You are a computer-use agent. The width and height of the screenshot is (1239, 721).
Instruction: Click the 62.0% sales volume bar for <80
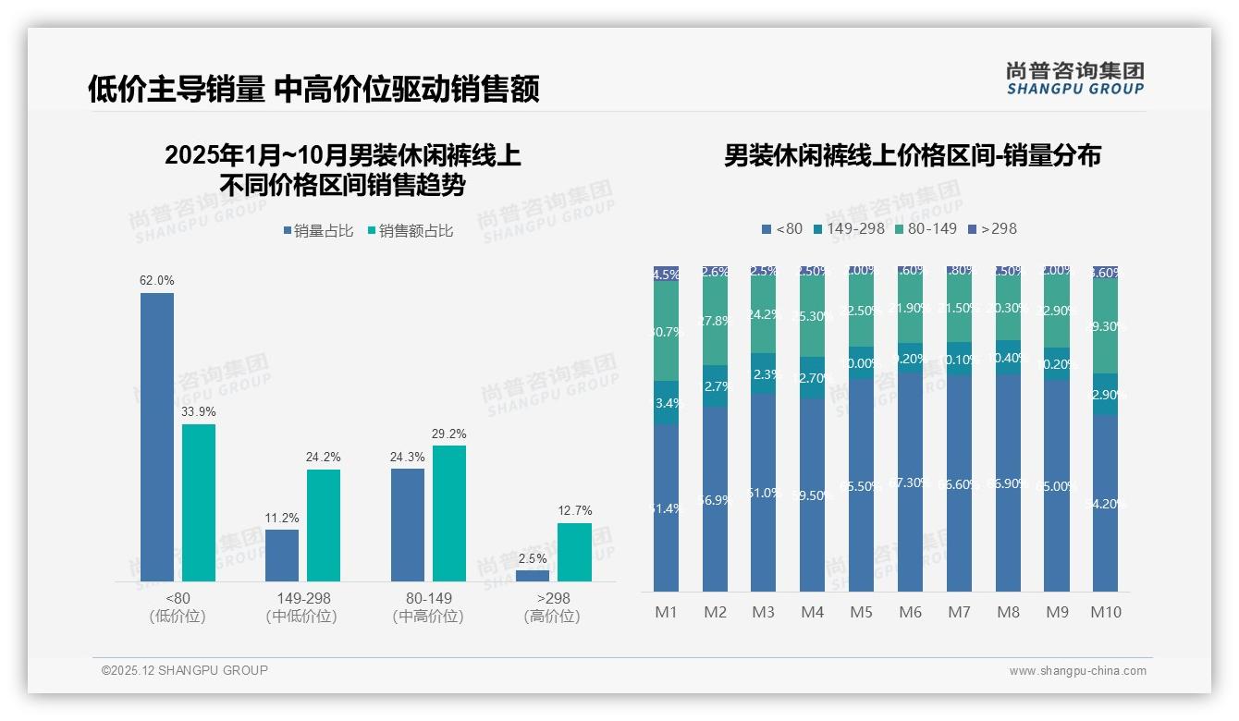pyautogui.click(x=157, y=436)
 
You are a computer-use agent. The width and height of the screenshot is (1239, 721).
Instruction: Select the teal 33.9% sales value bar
pyautogui.click(x=199, y=503)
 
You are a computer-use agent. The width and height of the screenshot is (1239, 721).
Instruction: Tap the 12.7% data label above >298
pyautogui.click(x=574, y=510)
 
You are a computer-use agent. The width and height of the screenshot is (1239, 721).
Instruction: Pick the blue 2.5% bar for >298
pyautogui.click(x=533, y=576)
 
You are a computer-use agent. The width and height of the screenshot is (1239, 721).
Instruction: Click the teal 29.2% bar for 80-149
pyautogui.click(x=449, y=513)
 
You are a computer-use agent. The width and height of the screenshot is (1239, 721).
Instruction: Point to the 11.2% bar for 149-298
pyautogui.click(x=282, y=555)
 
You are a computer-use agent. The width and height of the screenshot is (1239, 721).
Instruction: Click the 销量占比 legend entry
pyautogui.click(x=318, y=231)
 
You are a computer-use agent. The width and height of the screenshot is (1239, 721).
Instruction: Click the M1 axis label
pyautogui.click(x=666, y=612)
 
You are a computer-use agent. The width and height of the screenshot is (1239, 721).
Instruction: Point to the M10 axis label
pyautogui.click(x=1105, y=612)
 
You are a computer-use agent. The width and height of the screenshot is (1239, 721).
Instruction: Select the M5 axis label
pyautogui.click(x=861, y=612)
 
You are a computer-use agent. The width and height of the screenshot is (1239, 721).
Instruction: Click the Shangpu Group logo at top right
pyautogui.click(x=1074, y=79)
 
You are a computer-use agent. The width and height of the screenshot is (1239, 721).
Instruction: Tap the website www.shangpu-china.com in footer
pyautogui.click(x=1077, y=671)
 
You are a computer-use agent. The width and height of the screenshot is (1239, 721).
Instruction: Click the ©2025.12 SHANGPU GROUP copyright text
pyautogui.click(x=184, y=670)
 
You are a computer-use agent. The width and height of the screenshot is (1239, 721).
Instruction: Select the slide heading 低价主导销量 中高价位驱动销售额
pyautogui.click(x=313, y=89)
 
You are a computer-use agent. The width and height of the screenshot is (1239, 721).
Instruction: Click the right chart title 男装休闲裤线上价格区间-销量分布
pyautogui.click(x=912, y=155)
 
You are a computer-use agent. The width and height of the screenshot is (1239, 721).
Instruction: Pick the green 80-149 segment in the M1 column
pyautogui.click(x=666, y=331)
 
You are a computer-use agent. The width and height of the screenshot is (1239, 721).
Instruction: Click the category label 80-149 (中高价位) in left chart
pyautogui.click(x=428, y=607)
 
